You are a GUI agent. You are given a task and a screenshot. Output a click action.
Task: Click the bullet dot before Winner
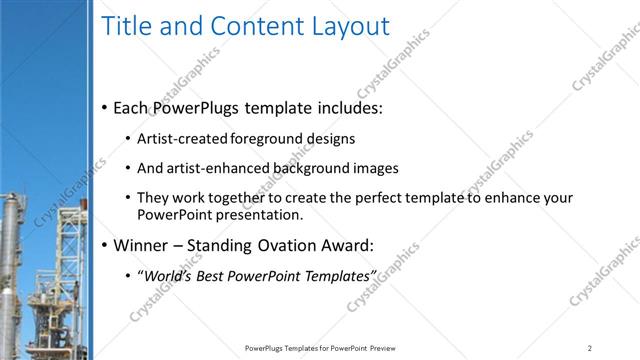coord(104,246)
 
